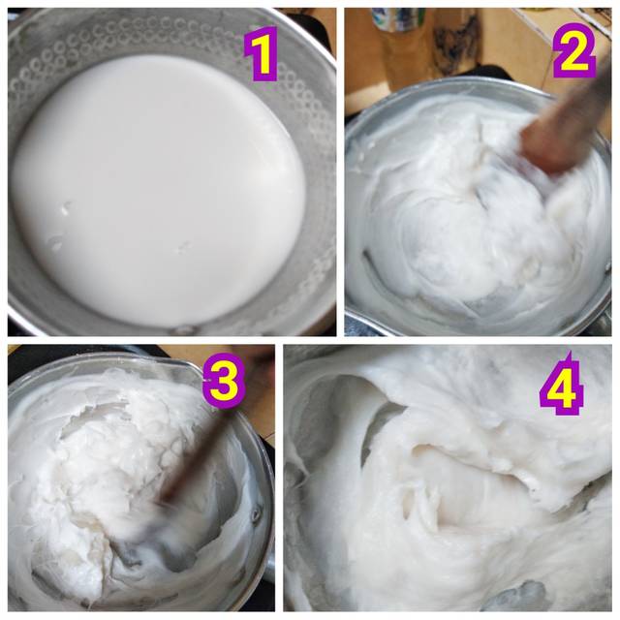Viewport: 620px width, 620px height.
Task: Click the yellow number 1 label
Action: (x=261, y=53)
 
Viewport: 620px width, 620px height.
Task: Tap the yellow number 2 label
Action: (x=574, y=50)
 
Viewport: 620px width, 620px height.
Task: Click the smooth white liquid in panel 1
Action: (x=158, y=190)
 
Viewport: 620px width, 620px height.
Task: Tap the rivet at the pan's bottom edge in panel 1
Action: (x=184, y=329)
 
